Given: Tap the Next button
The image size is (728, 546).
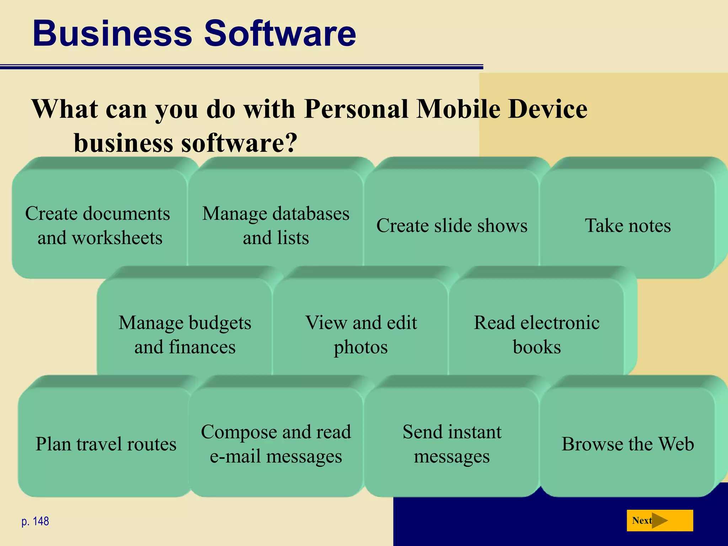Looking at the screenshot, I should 659,520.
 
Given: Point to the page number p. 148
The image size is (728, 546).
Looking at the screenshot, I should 35,521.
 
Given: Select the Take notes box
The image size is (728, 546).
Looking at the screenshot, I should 628,225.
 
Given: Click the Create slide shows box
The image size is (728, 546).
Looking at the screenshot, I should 452,225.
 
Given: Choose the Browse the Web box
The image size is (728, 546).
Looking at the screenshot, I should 628,444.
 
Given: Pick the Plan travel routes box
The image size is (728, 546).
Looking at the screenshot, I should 106,444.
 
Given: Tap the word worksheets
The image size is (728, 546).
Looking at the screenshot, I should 117,238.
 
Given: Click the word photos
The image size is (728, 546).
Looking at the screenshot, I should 360,347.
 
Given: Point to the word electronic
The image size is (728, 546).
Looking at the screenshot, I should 560,323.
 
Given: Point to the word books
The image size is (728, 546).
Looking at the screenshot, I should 537,347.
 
